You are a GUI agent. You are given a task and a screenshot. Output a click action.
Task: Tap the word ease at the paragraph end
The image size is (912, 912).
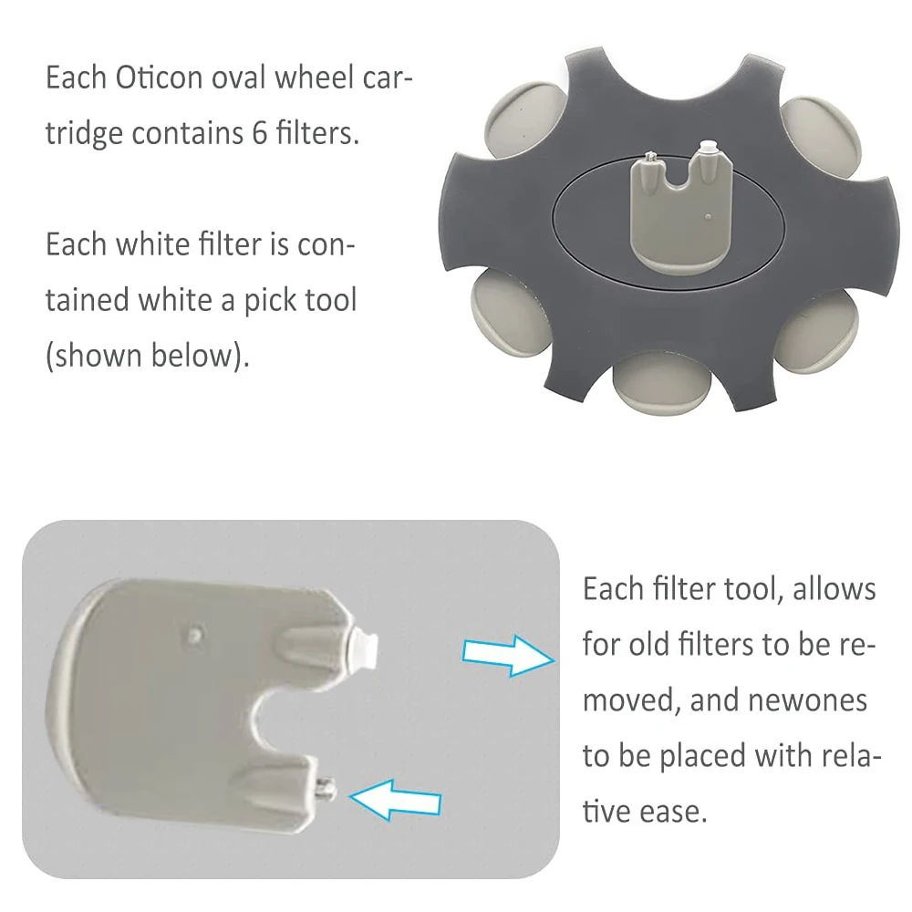(x=677, y=811)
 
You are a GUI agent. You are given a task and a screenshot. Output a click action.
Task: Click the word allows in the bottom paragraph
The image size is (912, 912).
(x=834, y=589)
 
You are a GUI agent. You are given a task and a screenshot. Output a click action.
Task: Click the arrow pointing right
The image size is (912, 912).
(x=507, y=655)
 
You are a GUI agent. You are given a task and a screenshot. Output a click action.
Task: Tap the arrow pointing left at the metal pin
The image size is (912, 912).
(x=396, y=799)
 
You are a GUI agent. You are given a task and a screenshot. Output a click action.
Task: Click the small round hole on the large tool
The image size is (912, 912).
(x=193, y=631)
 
